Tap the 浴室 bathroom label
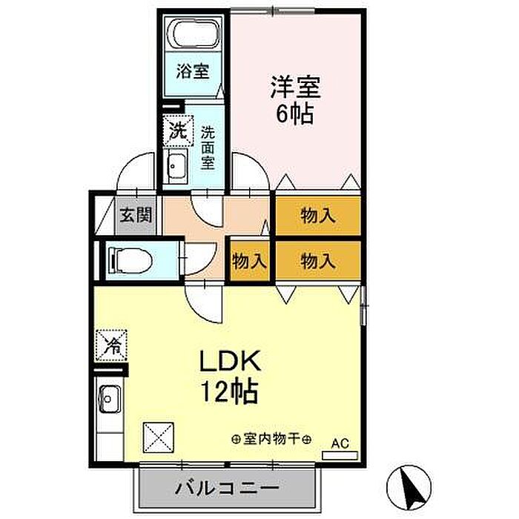pyautogui.click(x=192, y=72)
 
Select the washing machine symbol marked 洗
pyautogui.click(x=177, y=132)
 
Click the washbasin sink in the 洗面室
pyautogui.click(x=176, y=167)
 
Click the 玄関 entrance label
pyautogui.click(x=136, y=216)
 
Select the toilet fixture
pyautogui.click(x=130, y=259)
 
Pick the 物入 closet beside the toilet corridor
pyautogui.click(x=248, y=261)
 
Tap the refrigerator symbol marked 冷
pyautogui.click(x=112, y=344)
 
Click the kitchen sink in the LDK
pyautogui.click(x=108, y=400)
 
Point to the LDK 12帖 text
pyautogui.click(x=228, y=377)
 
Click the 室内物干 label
pyautogui.click(x=271, y=439)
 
